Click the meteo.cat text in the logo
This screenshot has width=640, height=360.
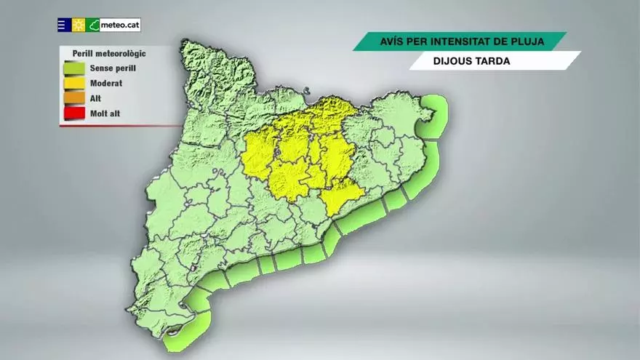tap(120, 25)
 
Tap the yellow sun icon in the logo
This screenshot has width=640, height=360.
tap(79, 25)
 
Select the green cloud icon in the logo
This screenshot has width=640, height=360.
tap(93, 25)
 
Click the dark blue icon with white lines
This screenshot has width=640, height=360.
tap(63, 25)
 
